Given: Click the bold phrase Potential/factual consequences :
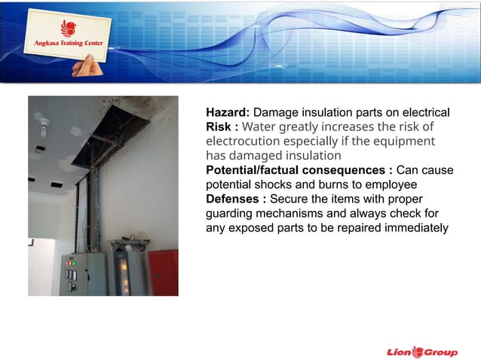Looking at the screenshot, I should pyautogui.click(x=299, y=170).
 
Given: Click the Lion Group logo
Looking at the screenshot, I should pyautogui.click(x=421, y=352).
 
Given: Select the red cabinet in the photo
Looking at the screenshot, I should pyautogui.click(x=164, y=272).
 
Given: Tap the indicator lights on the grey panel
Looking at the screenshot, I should pyautogui.click(x=71, y=263).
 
